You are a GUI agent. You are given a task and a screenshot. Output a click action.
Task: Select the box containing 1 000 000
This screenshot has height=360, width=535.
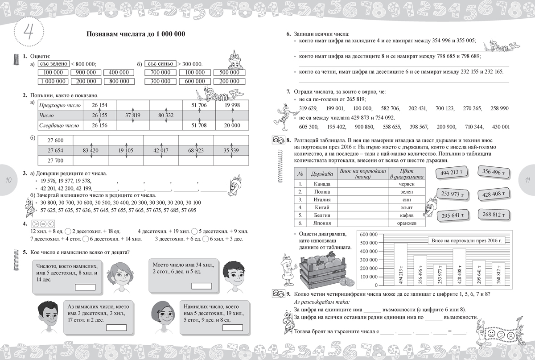(53, 81)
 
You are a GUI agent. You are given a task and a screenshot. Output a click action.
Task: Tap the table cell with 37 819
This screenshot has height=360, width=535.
(133, 115)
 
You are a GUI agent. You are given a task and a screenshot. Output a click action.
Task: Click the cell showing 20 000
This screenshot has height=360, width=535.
(232, 125)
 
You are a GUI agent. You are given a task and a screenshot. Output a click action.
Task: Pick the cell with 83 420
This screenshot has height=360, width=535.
(91, 150)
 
